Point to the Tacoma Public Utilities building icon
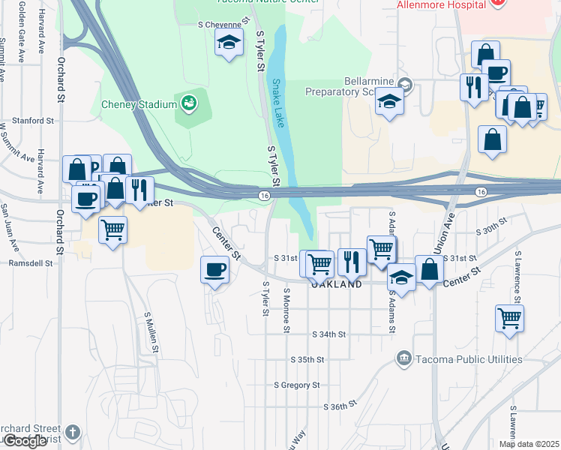405,359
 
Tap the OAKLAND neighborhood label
337,285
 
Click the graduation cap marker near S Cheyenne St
229,43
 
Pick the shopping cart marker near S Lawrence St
510,318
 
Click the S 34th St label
330,334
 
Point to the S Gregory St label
297,385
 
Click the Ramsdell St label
31,263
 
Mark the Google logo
24,441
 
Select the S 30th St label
492,222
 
